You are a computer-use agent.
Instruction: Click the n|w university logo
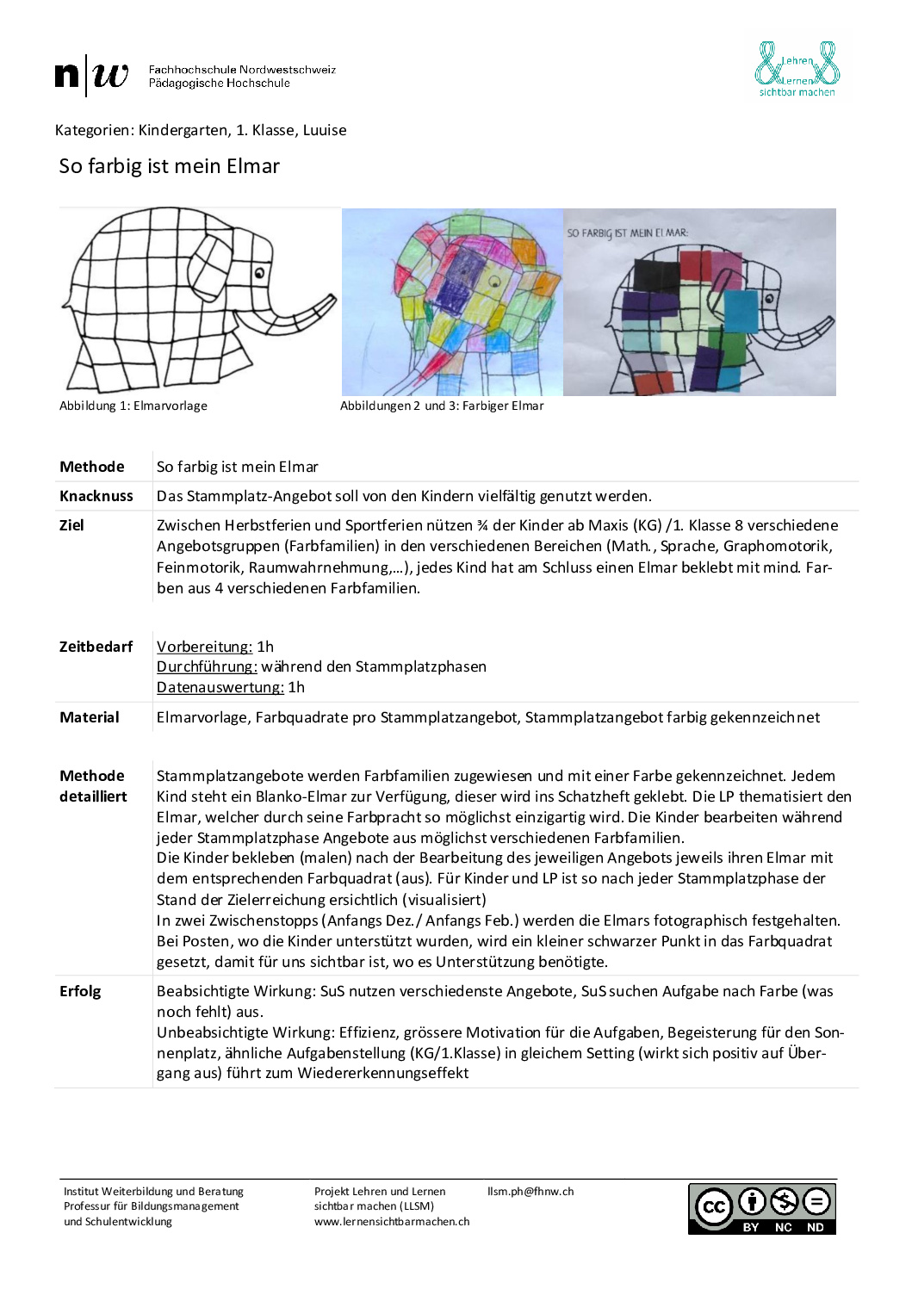[92, 76]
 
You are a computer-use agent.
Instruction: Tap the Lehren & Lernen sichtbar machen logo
[797, 69]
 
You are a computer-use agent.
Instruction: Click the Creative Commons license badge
[761, 1208]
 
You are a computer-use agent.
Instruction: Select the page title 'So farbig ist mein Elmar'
[170, 166]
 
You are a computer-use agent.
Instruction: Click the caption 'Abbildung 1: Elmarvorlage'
[133, 406]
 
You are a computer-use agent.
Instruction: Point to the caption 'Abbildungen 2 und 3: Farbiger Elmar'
[442, 406]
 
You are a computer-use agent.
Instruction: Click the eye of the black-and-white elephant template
[259, 274]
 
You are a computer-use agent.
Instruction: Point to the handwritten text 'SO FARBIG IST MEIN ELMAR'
[627, 232]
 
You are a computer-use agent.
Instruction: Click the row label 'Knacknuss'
[96, 496]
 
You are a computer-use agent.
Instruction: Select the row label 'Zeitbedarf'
[96, 647]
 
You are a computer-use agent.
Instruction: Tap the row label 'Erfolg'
[80, 991]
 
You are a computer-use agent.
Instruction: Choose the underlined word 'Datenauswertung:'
[220, 687]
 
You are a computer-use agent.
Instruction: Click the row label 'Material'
[90, 717]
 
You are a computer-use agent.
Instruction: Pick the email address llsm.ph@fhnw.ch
[530, 1192]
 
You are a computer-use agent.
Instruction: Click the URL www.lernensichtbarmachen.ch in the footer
[392, 1221]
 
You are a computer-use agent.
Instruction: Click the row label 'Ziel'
[72, 525]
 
